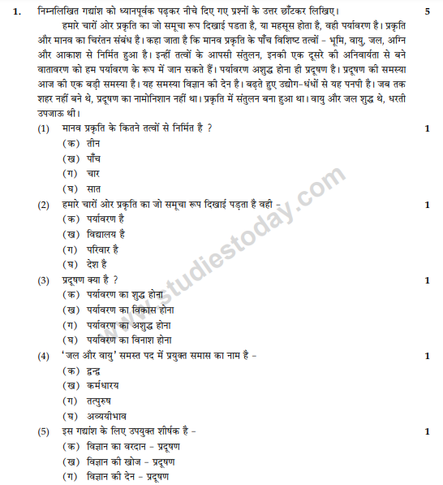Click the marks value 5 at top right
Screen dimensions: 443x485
[427, 11]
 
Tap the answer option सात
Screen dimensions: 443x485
[93, 189]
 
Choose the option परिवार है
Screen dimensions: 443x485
[103, 249]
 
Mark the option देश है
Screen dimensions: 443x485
[97, 264]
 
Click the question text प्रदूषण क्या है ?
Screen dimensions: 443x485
[90, 280]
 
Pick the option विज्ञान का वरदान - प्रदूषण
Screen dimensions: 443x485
[135, 446]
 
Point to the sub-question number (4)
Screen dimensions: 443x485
[43, 356]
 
